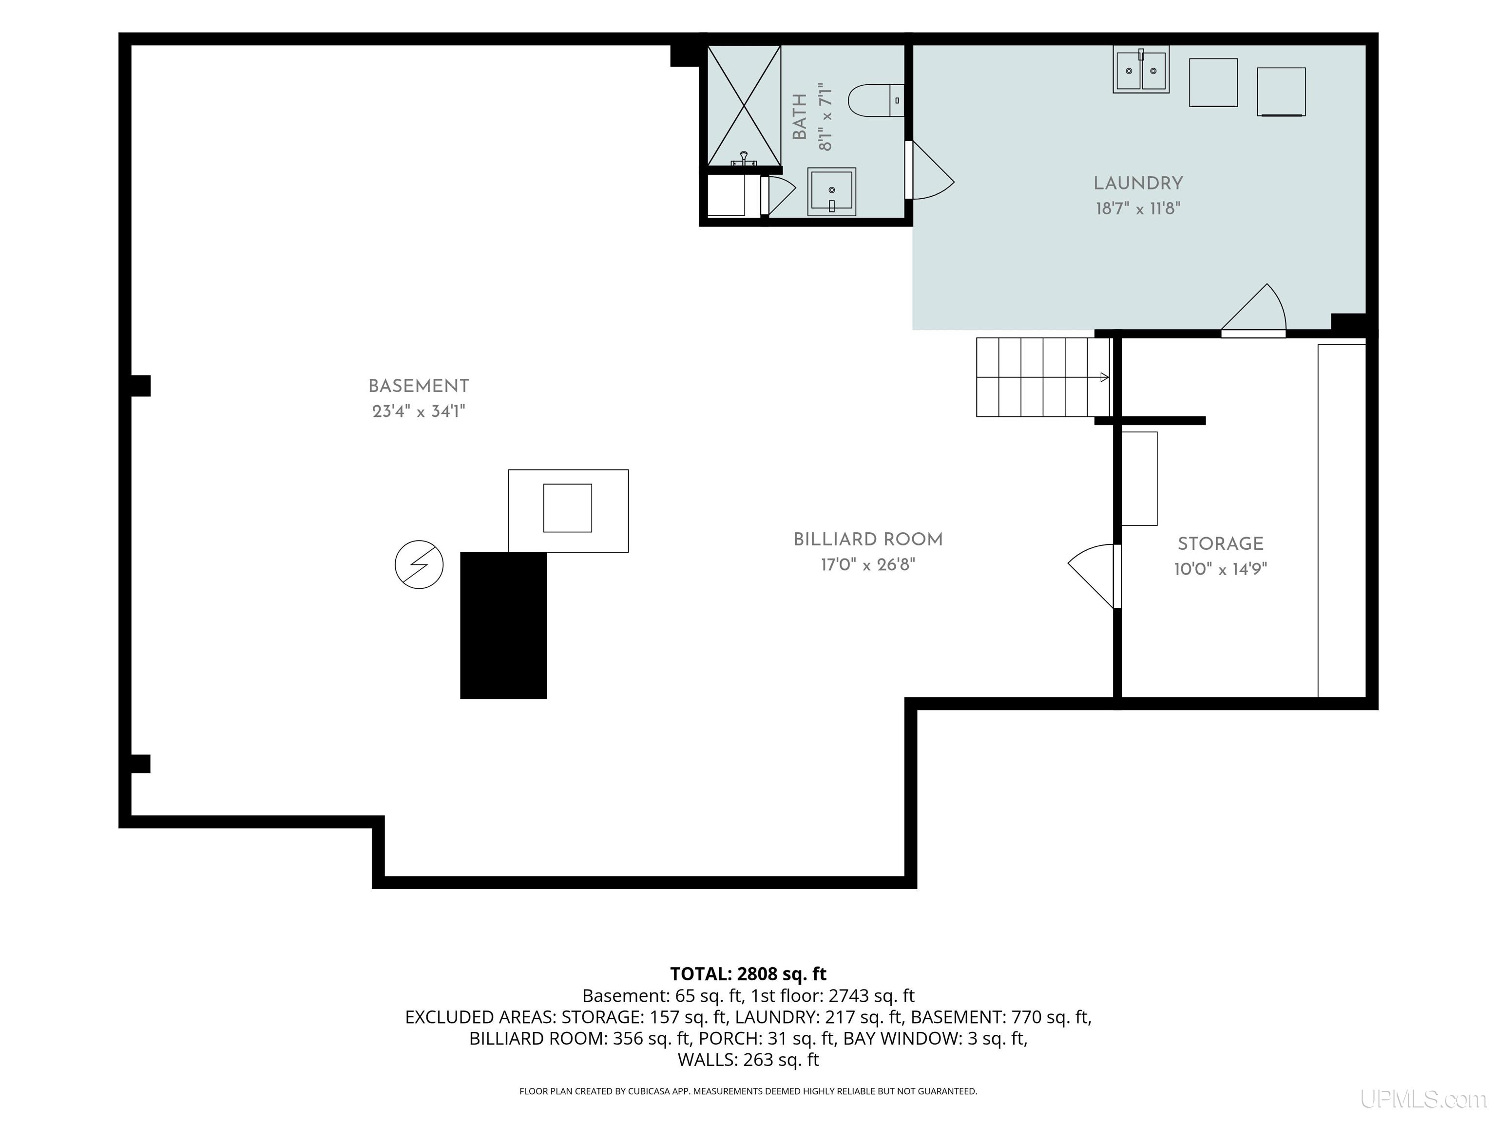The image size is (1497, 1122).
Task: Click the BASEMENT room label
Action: tap(418, 386)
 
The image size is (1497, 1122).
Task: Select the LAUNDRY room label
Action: tap(1138, 183)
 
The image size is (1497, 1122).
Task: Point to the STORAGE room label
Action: tap(1220, 544)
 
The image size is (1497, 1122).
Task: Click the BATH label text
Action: tap(800, 117)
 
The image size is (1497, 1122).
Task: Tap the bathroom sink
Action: tap(832, 192)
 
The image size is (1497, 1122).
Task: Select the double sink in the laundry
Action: tap(1141, 69)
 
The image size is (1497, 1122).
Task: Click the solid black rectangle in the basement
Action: tap(503, 626)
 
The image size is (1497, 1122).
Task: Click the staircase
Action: tap(1043, 377)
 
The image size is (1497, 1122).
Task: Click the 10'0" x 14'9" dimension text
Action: tap(1220, 569)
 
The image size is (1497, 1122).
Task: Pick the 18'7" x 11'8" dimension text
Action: tap(1138, 208)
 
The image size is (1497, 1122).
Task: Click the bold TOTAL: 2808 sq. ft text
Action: tap(748, 974)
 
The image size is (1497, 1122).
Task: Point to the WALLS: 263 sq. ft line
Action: tap(748, 1060)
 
